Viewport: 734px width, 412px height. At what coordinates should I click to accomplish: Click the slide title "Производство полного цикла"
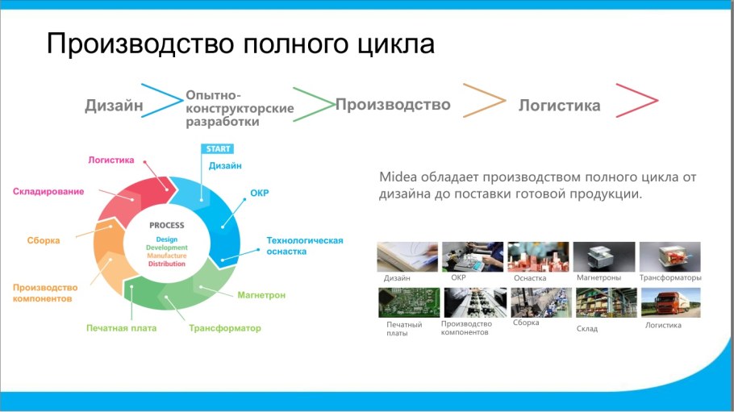coord(240,44)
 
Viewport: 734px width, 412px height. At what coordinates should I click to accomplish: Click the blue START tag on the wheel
coord(217,149)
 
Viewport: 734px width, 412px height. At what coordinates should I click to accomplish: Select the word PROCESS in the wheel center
coord(167,226)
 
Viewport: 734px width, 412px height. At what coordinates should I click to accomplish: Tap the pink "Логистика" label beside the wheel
coord(111,160)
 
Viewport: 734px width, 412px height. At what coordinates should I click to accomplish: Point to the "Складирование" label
coord(48,191)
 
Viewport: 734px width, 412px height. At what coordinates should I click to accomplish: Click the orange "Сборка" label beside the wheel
coord(44,240)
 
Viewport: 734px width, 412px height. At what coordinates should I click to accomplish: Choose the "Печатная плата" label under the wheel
coord(122,328)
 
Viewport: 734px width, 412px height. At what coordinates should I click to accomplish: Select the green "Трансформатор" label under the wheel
coord(225,328)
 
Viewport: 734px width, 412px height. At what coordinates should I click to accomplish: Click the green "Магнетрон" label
coord(261,295)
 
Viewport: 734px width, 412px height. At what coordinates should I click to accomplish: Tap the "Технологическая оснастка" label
coord(305,246)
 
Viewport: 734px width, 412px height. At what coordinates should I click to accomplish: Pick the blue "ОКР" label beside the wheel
coord(259,194)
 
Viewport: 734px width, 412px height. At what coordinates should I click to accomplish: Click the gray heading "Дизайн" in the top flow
coord(114,106)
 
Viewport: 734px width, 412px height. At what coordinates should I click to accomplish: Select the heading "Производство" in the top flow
coord(393,105)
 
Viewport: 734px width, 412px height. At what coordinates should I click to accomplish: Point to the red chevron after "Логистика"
coord(636,101)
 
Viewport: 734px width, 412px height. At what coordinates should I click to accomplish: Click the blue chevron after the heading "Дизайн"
coord(161,100)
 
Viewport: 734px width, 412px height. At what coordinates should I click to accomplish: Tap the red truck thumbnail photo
coord(669,303)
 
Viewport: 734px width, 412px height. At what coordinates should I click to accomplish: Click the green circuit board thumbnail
coord(409,303)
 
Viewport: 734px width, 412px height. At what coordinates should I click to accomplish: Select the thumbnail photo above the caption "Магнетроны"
coord(603,257)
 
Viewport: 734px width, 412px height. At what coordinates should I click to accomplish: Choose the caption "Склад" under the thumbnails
coord(587,329)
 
